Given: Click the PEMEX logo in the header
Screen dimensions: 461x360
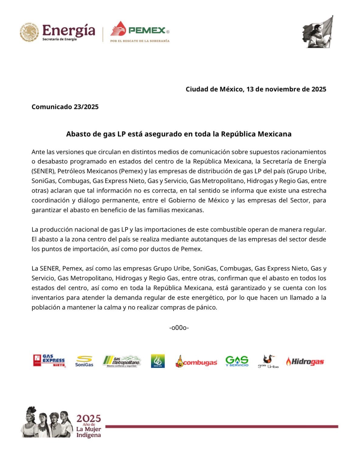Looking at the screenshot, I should point(140,31).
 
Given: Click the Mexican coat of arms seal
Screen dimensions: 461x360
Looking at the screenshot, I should point(29,32).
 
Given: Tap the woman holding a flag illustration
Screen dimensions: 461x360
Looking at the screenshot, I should point(318,32).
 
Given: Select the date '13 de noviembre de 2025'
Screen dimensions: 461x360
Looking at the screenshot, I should point(286,89).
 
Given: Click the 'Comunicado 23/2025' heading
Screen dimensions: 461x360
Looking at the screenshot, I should point(65,107).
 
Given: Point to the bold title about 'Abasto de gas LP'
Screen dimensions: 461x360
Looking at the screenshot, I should point(179,134).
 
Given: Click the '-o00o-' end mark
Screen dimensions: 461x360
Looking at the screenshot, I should point(179,328).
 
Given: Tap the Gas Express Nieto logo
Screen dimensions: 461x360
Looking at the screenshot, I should point(49,361).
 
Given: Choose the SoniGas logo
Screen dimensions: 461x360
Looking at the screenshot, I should point(84,361).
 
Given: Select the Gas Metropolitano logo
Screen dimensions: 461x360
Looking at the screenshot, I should point(122,361).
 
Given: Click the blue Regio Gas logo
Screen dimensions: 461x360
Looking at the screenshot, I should point(158,361).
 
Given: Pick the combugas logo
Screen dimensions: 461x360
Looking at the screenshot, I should point(196,362).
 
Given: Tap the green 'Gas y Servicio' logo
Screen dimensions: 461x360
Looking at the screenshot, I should point(237,361).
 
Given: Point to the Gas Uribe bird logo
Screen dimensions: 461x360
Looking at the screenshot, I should point(268,361).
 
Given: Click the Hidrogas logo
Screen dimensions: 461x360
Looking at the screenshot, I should point(305,361).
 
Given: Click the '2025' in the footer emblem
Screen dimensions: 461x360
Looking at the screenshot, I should point(88,418).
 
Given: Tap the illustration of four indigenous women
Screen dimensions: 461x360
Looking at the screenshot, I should point(47,423).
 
